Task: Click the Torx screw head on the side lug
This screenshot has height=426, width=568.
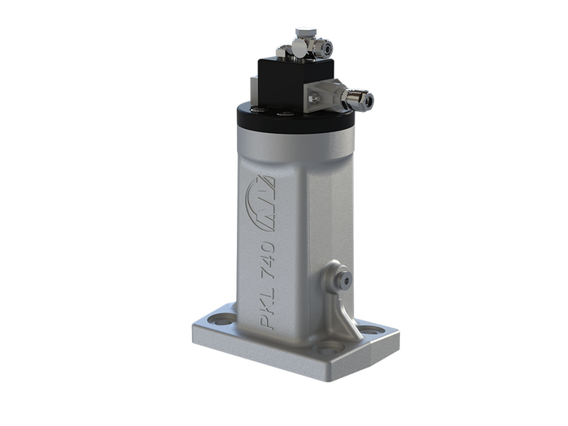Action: (348, 280)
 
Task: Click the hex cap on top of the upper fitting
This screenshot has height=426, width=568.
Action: (303, 31)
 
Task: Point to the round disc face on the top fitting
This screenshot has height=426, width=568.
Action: (300, 49)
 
